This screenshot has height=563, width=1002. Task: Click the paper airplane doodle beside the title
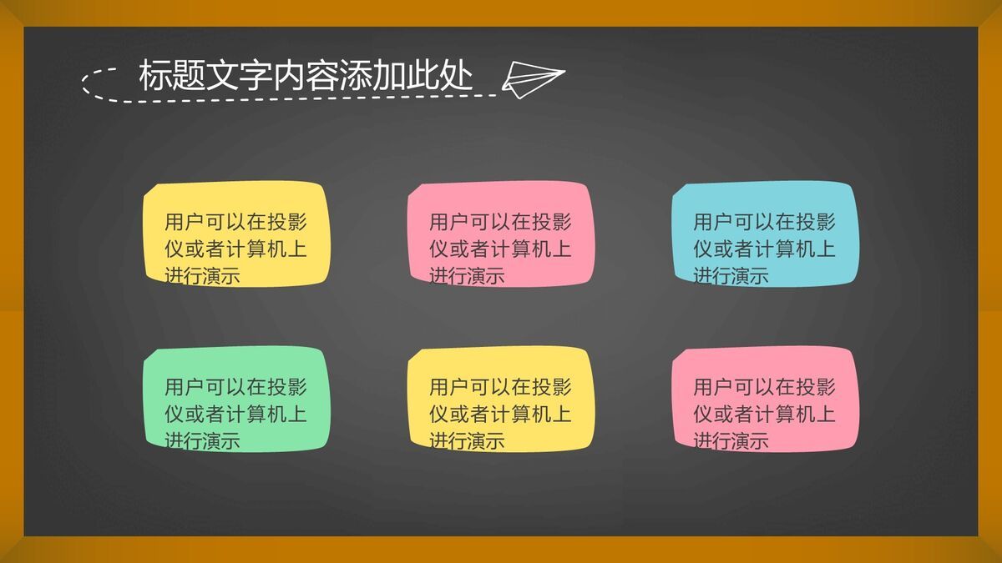coord(532,79)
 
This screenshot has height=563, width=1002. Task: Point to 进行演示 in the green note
coord(202,440)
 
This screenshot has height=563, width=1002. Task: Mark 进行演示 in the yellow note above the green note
coord(202,275)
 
